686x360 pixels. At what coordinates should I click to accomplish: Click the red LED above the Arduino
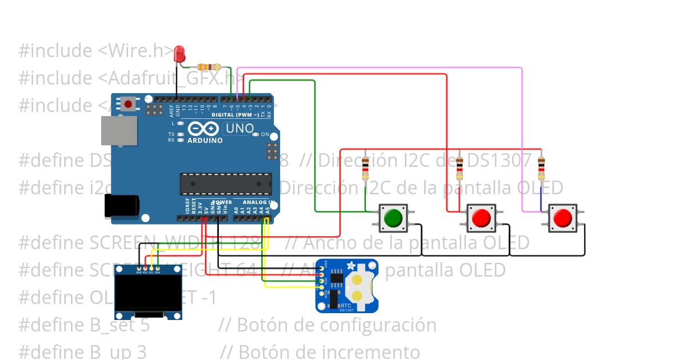point(179,53)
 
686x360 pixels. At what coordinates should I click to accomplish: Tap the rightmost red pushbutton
point(563,218)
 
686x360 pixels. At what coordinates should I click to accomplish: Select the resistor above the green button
point(365,169)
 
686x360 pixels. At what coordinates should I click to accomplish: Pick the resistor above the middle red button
point(459,169)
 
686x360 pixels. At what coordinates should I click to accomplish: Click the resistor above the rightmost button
point(541,169)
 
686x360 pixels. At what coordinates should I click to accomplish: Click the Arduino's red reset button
point(129,105)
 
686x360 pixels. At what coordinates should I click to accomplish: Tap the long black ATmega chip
point(226,184)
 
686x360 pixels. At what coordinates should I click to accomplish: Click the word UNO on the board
point(239,129)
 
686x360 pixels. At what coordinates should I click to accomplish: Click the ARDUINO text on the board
point(205,140)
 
